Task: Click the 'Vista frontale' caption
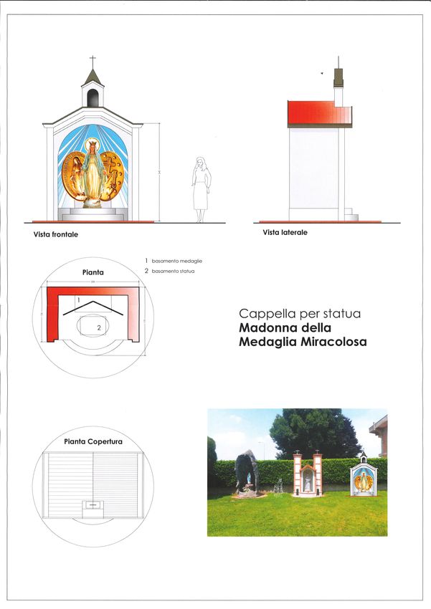(x=55, y=234)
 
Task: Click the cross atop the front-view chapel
(x=93, y=60)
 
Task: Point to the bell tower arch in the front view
(x=93, y=97)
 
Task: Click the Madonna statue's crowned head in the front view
(x=92, y=146)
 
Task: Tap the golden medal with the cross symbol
(x=112, y=175)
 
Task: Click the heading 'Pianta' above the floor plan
(x=93, y=272)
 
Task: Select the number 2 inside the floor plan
(x=99, y=327)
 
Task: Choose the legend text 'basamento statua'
(x=173, y=271)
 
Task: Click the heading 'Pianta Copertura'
(x=93, y=441)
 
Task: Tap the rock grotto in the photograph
(x=246, y=474)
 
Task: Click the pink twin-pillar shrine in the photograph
(x=308, y=474)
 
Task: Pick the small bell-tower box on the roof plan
(x=93, y=504)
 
